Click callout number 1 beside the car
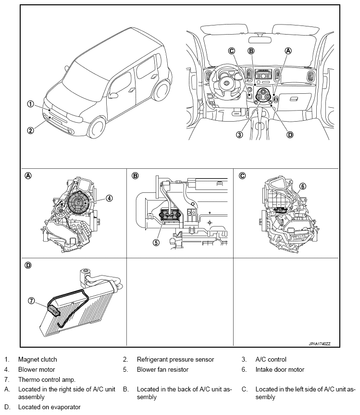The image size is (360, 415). pos(30,103)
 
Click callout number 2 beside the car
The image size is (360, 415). pos(30,130)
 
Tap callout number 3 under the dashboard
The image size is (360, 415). pos(240,135)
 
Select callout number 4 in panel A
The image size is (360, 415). pos(110,198)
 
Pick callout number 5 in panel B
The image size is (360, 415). pos(156,242)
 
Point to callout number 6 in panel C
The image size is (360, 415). pos(303,186)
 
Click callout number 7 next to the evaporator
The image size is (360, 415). pos(31,301)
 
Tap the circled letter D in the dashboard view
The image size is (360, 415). pos(290,135)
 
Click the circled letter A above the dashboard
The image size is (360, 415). pos(288,50)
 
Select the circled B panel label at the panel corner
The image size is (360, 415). pos(136,176)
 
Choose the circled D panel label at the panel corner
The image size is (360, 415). pos(28,265)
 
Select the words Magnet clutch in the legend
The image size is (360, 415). pos(37,359)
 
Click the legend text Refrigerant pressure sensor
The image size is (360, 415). pos(175,359)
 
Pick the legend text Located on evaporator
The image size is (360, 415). pos(49,407)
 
